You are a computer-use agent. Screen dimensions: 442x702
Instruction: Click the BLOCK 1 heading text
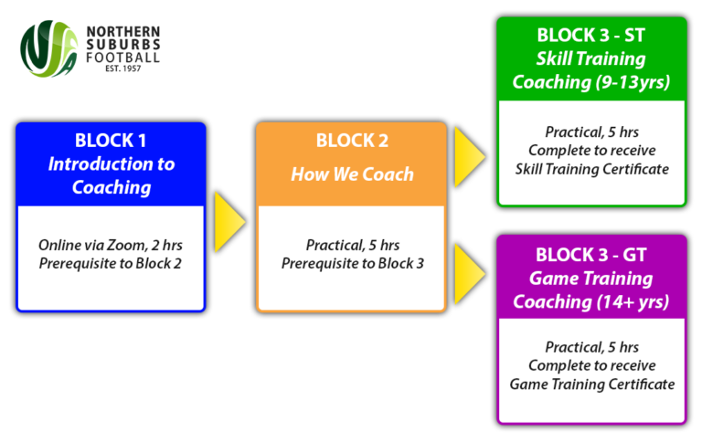click(x=111, y=141)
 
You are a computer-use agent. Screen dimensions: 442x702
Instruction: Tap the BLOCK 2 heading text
click(x=352, y=141)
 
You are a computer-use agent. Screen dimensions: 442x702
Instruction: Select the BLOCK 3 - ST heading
click(x=591, y=36)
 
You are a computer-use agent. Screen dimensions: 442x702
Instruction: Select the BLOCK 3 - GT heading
click(x=591, y=255)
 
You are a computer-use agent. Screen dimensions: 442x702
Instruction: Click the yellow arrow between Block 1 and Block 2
click(x=229, y=222)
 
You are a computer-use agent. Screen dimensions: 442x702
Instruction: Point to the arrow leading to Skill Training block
click(x=469, y=149)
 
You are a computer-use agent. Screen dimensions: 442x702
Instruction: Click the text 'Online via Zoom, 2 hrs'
click(x=111, y=246)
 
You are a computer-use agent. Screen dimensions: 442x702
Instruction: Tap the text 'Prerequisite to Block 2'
click(x=111, y=264)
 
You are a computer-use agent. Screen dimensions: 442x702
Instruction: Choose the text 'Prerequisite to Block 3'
click(x=352, y=264)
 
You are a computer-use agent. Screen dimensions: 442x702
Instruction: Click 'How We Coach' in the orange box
click(x=352, y=174)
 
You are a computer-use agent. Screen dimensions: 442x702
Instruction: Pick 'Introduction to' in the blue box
click(x=111, y=164)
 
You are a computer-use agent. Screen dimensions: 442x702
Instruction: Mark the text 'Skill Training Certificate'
click(x=591, y=169)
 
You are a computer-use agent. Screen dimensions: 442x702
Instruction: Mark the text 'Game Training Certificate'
click(x=591, y=384)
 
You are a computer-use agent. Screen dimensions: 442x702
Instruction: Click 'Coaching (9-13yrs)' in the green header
click(x=591, y=82)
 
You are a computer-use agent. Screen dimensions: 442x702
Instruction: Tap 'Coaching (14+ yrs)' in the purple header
click(x=591, y=301)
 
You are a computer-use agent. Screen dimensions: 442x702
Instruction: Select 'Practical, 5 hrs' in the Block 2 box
click(x=352, y=246)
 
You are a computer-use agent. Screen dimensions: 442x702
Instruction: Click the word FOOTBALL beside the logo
click(x=123, y=58)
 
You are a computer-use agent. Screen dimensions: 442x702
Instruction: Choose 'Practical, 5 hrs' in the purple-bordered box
click(x=591, y=348)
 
